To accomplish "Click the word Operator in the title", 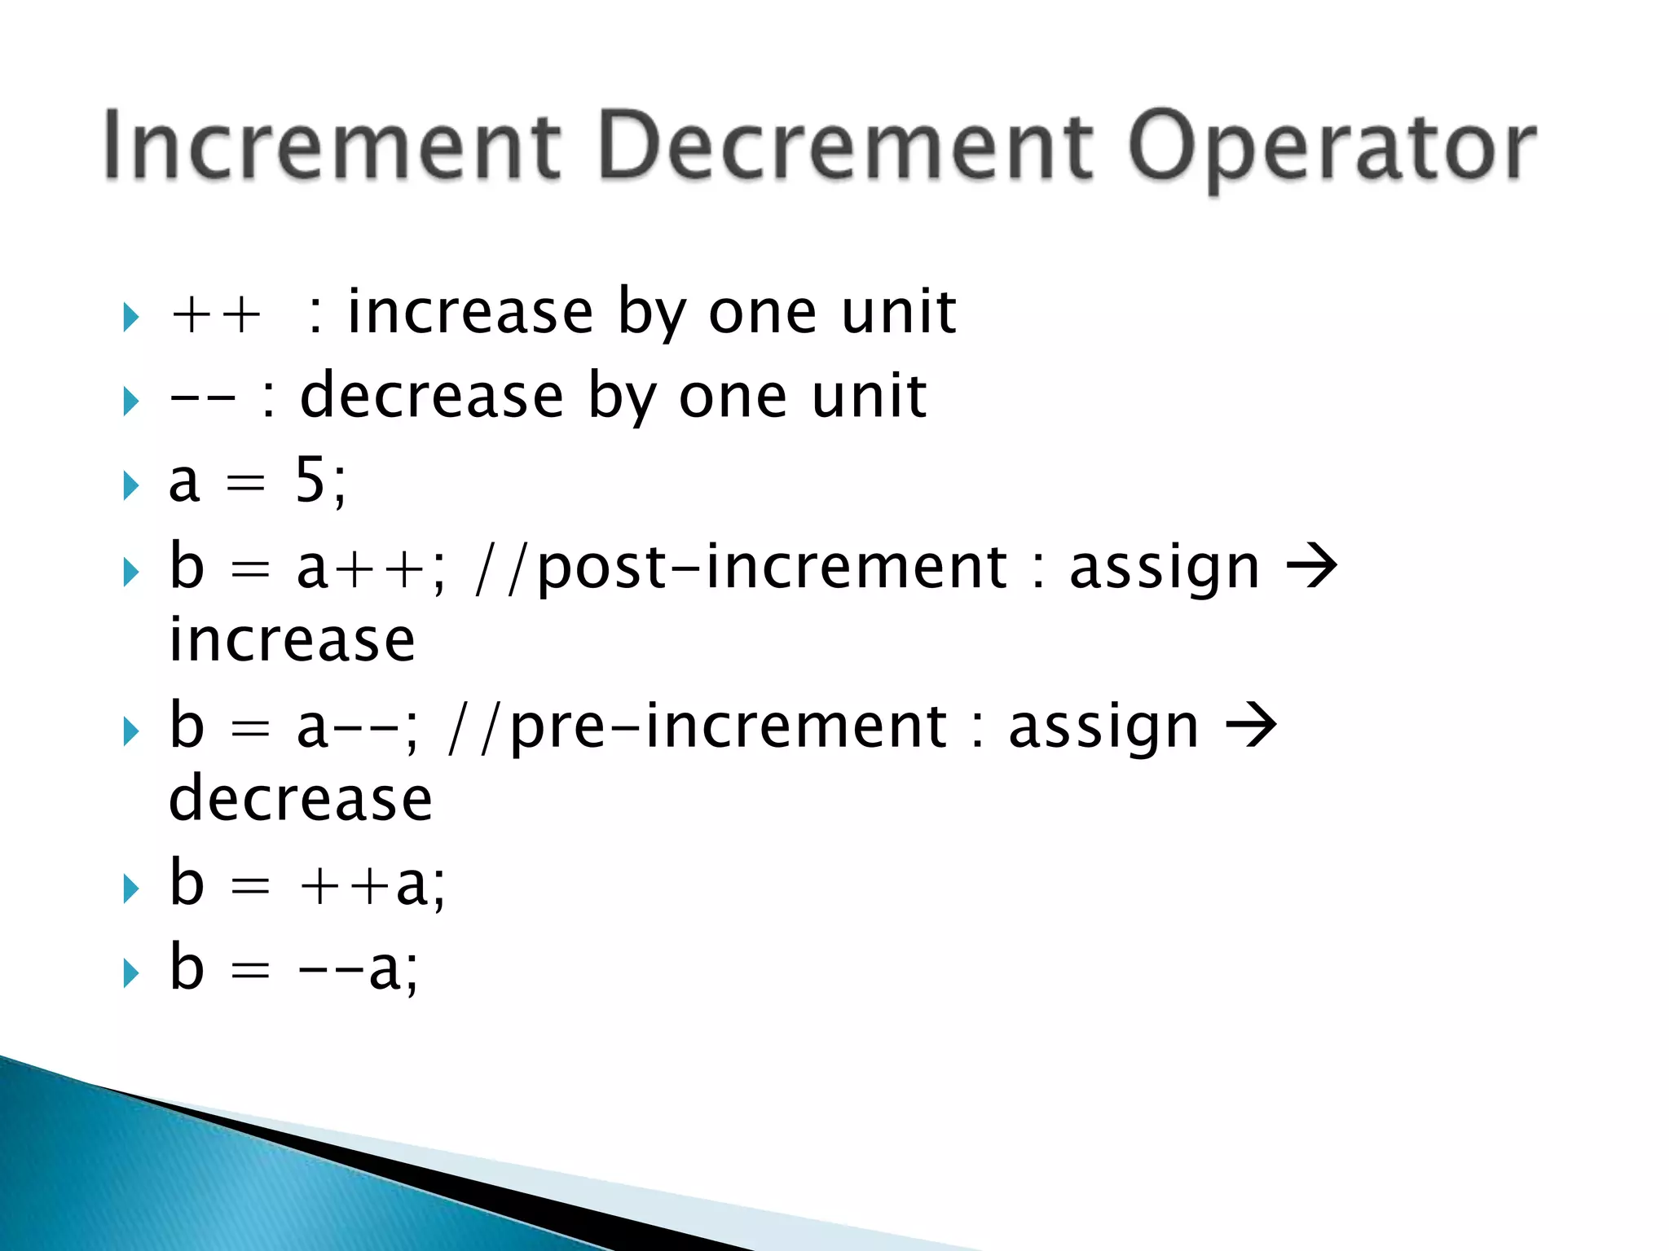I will coord(1332,147).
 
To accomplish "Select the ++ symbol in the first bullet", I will coord(216,314).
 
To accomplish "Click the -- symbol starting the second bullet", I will coord(202,398).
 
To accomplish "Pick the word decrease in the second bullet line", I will coord(432,397).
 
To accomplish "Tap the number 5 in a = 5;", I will coord(310,481).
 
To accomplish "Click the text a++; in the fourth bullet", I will coord(371,568).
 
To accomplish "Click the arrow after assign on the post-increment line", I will coord(1311,567).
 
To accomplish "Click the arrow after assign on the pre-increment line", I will coord(1251,726).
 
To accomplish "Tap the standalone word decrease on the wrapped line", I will coord(300,799).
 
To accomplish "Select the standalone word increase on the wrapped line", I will coord(292,640).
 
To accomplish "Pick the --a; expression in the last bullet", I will coord(359,969).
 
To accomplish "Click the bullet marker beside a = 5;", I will coord(130,485).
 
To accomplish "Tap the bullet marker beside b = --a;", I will coord(130,972).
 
